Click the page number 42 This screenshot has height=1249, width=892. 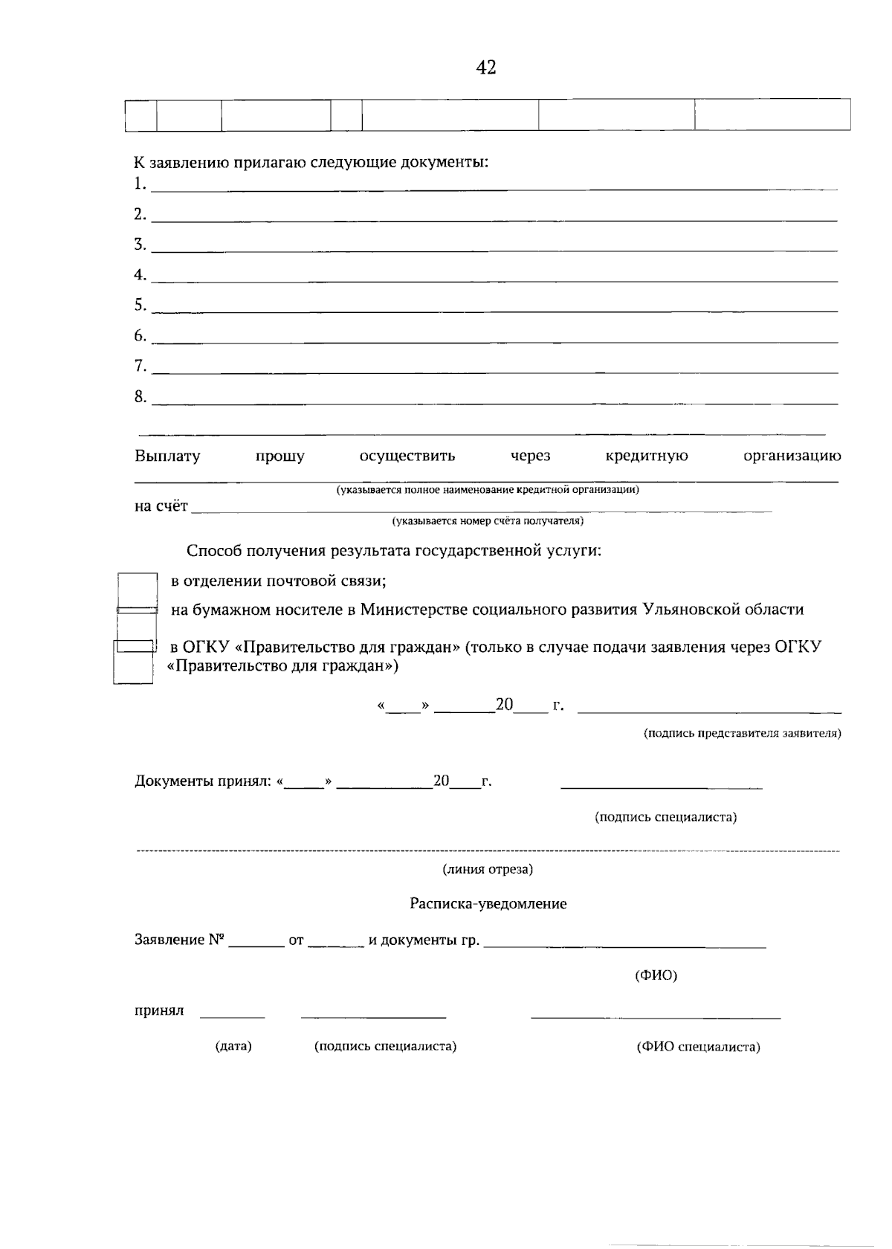(x=485, y=68)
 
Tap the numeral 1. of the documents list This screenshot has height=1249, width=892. (x=140, y=184)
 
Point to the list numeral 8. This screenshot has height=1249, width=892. (x=140, y=396)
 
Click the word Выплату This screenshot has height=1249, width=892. (x=167, y=456)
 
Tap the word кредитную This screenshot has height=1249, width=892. (x=647, y=456)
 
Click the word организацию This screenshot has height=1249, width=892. (x=792, y=456)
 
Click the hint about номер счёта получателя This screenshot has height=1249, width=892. (x=488, y=521)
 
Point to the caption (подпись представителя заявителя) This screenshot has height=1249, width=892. (x=742, y=733)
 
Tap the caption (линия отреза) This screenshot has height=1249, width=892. (x=488, y=869)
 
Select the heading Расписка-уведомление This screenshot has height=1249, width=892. (x=488, y=904)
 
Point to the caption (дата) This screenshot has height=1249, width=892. (x=233, y=1046)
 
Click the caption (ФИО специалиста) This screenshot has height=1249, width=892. (x=698, y=1047)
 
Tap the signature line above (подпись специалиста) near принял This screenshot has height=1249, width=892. (x=373, y=1016)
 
